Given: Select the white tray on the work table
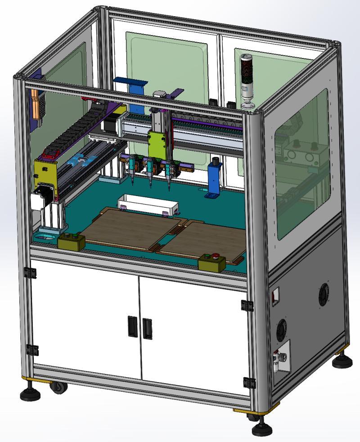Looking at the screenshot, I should click(x=148, y=205).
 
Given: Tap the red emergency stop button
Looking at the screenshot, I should click(x=216, y=257).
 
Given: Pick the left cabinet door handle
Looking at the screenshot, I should click(x=132, y=326).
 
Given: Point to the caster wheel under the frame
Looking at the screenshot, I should click(x=57, y=387).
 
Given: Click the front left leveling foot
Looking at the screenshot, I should click(x=30, y=393).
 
